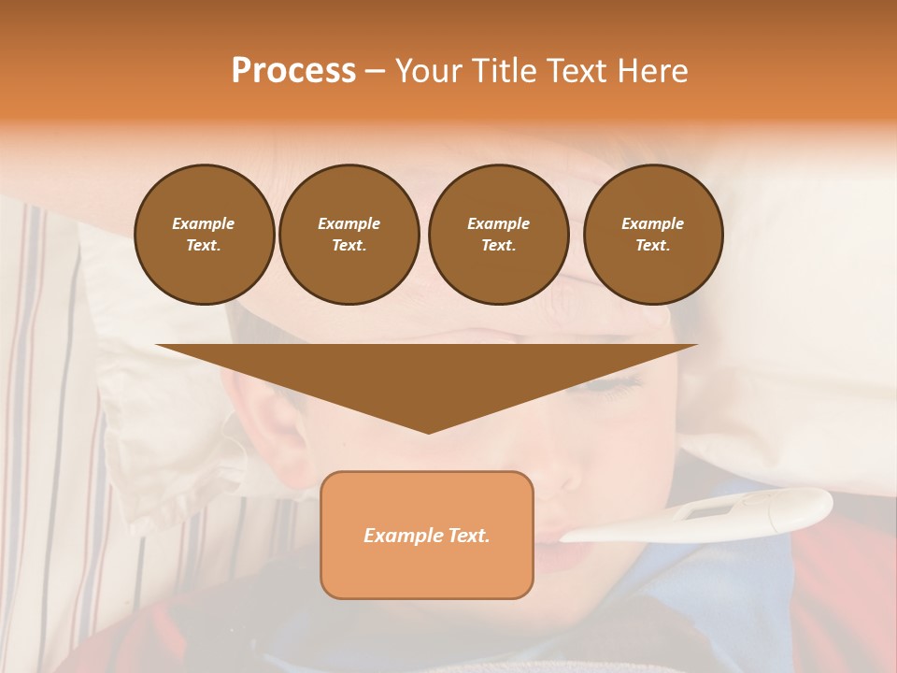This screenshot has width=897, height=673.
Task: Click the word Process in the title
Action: [x=293, y=71]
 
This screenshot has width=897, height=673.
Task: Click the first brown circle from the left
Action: [x=204, y=235]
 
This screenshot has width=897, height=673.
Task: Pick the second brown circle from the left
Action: [x=349, y=235]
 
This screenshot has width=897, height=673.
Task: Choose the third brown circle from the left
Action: [x=498, y=235]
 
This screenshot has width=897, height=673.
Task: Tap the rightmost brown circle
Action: [x=652, y=235]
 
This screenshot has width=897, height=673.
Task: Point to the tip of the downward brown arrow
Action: [x=428, y=432]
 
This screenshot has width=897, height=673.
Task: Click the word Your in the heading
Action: [x=429, y=71]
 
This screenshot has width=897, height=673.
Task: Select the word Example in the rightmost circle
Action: [x=652, y=223]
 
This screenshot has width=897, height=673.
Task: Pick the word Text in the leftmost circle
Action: [x=202, y=245]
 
